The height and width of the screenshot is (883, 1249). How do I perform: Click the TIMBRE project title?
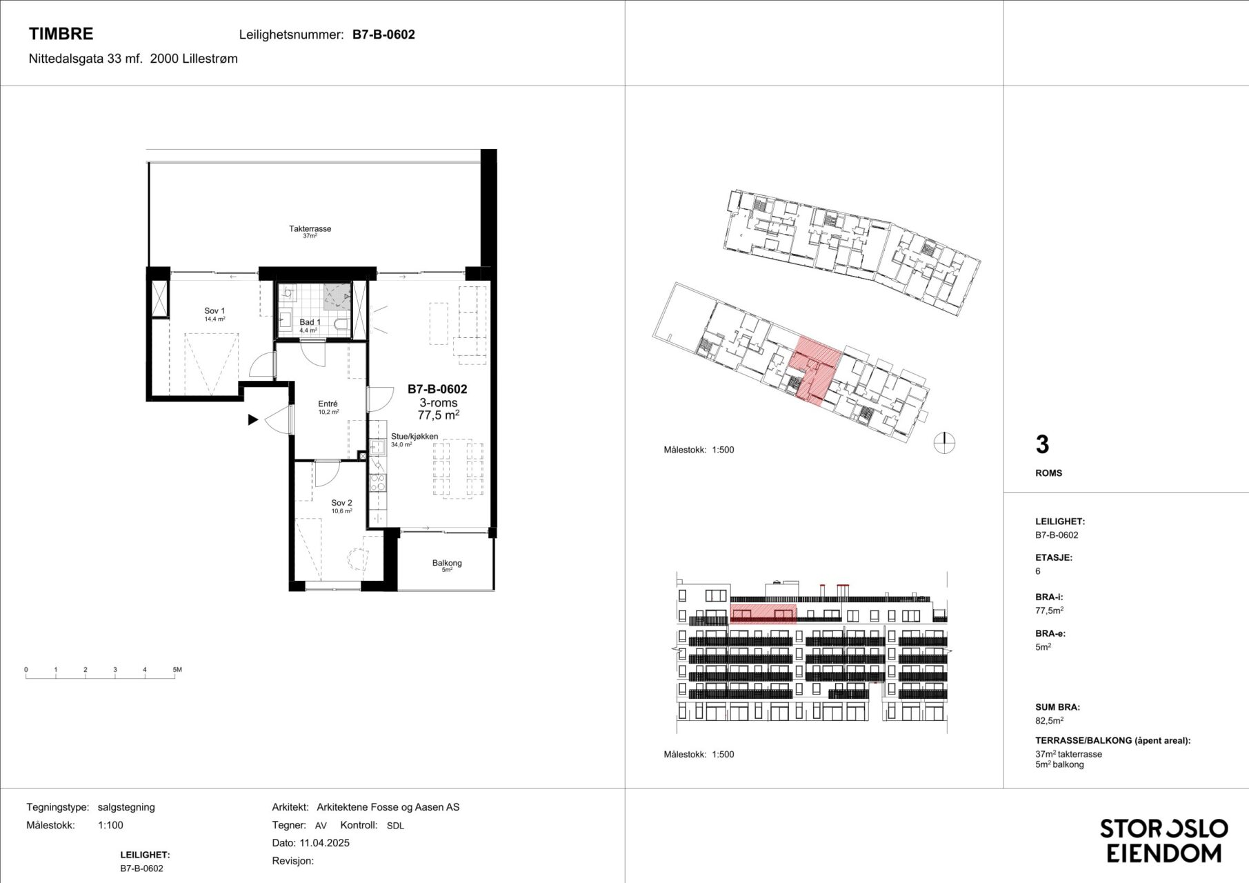pyautogui.click(x=61, y=34)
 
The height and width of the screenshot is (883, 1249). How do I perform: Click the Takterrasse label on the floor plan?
pyautogui.click(x=310, y=228)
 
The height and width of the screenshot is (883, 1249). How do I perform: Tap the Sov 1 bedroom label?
pyautogui.click(x=214, y=311)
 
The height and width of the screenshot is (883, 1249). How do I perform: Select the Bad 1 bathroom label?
pyautogui.click(x=310, y=322)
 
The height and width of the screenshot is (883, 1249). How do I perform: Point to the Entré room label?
pyautogui.click(x=328, y=404)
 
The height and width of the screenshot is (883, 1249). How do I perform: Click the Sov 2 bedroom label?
pyautogui.click(x=341, y=503)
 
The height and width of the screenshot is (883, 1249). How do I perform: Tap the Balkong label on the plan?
pyautogui.click(x=447, y=563)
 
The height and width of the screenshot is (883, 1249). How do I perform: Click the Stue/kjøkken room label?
pyautogui.click(x=414, y=437)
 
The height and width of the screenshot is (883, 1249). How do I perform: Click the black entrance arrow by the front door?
pyautogui.click(x=253, y=419)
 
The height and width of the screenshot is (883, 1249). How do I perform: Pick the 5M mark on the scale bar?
pyautogui.click(x=177, y=670)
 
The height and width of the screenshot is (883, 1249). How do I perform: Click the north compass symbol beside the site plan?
pyautogui.click(x=944, y=443)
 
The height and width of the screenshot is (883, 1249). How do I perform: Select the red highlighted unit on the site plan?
pyautogui.click(x=815, y=369)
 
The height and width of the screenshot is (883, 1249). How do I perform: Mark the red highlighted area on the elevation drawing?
pyautogui.click(x=763, y=613)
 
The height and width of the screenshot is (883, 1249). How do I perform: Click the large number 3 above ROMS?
pyautogui.click(x=1042, y=445)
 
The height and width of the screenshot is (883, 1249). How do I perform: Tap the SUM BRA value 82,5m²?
pyautogui.click(x=1049, y=721)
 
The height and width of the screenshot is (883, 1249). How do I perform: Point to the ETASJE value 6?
pyautogui.click(x=1038, y=571)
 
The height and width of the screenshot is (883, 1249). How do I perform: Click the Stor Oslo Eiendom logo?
pyautogui.click(x=1163, y=841)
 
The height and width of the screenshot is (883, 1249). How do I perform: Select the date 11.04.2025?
pyautogui.click(x=324, y=843)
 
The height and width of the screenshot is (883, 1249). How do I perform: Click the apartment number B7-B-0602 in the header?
pyautogui.click(x=383, y=34)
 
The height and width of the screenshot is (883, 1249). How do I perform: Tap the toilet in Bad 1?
pyautogui.click(x=341, y=324)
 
